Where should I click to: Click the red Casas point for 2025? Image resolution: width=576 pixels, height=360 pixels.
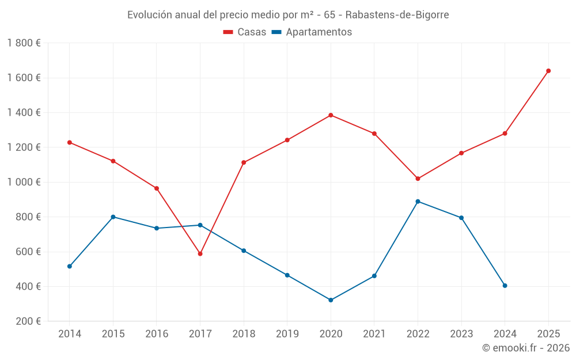548,71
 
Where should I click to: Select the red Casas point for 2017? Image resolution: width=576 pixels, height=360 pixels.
200,253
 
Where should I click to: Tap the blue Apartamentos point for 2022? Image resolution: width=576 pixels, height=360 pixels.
418,202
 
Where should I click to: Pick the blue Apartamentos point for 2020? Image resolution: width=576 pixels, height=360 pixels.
331,300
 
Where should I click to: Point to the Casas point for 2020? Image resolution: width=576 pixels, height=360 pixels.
331,115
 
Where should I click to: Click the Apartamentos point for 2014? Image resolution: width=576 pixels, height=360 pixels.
70,266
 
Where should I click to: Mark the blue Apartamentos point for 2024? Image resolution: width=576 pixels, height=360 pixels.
505,286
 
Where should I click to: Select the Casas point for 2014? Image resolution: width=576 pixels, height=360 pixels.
70,142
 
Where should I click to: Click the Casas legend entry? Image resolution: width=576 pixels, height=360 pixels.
245,32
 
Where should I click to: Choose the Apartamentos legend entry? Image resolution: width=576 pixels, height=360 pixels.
312,32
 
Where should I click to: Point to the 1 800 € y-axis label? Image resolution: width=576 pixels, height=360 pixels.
24,43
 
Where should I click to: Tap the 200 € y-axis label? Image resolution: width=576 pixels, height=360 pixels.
27,321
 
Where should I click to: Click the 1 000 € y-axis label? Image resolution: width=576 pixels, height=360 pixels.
24,182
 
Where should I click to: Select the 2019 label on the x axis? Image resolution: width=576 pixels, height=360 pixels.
287,334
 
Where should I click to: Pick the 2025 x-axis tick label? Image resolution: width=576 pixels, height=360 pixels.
548,334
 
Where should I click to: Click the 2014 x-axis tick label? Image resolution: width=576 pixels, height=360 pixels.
70,334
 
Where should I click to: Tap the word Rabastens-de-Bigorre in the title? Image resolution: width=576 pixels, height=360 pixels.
397,14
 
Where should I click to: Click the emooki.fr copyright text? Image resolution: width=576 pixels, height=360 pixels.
526,348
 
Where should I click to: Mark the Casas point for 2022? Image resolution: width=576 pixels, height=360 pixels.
418,179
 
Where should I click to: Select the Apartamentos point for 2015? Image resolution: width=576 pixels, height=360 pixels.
113,217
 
